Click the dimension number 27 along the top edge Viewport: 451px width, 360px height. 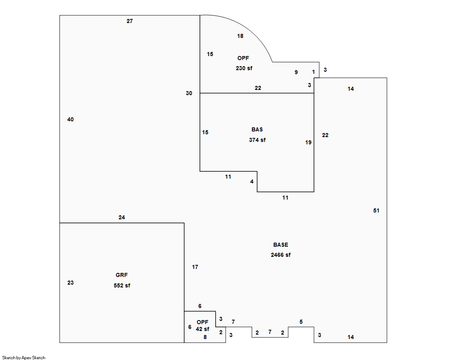tap(129, 21)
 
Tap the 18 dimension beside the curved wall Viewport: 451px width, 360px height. tap(240, 36)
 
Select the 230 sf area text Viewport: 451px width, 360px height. tap(244, 68)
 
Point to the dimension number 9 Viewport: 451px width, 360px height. tap(296, 72)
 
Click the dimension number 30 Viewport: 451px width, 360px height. tap(189, 93)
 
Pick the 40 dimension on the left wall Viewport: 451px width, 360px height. tap(71, 119)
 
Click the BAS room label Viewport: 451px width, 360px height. tap(257, 129)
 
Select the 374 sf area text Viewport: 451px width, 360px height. tap(257, 140)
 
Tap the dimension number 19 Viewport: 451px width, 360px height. tap(308, 142)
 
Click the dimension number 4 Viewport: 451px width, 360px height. tap(252, 181)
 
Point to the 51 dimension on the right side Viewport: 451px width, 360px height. tap(376, 210)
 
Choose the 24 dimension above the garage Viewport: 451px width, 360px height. tap(122, 217)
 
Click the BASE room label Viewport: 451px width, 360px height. tap(281, 245)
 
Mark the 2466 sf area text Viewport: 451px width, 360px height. tap(281, 255)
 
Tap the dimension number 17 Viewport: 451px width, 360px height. tap(195, 267)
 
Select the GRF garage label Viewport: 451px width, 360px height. tap(122, 275)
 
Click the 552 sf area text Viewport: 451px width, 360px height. tap(122, 285)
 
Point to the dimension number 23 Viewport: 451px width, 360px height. tap(71, 283)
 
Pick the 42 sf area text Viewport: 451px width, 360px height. tap(202, 329)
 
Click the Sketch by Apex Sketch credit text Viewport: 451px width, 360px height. tap(24, 358)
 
